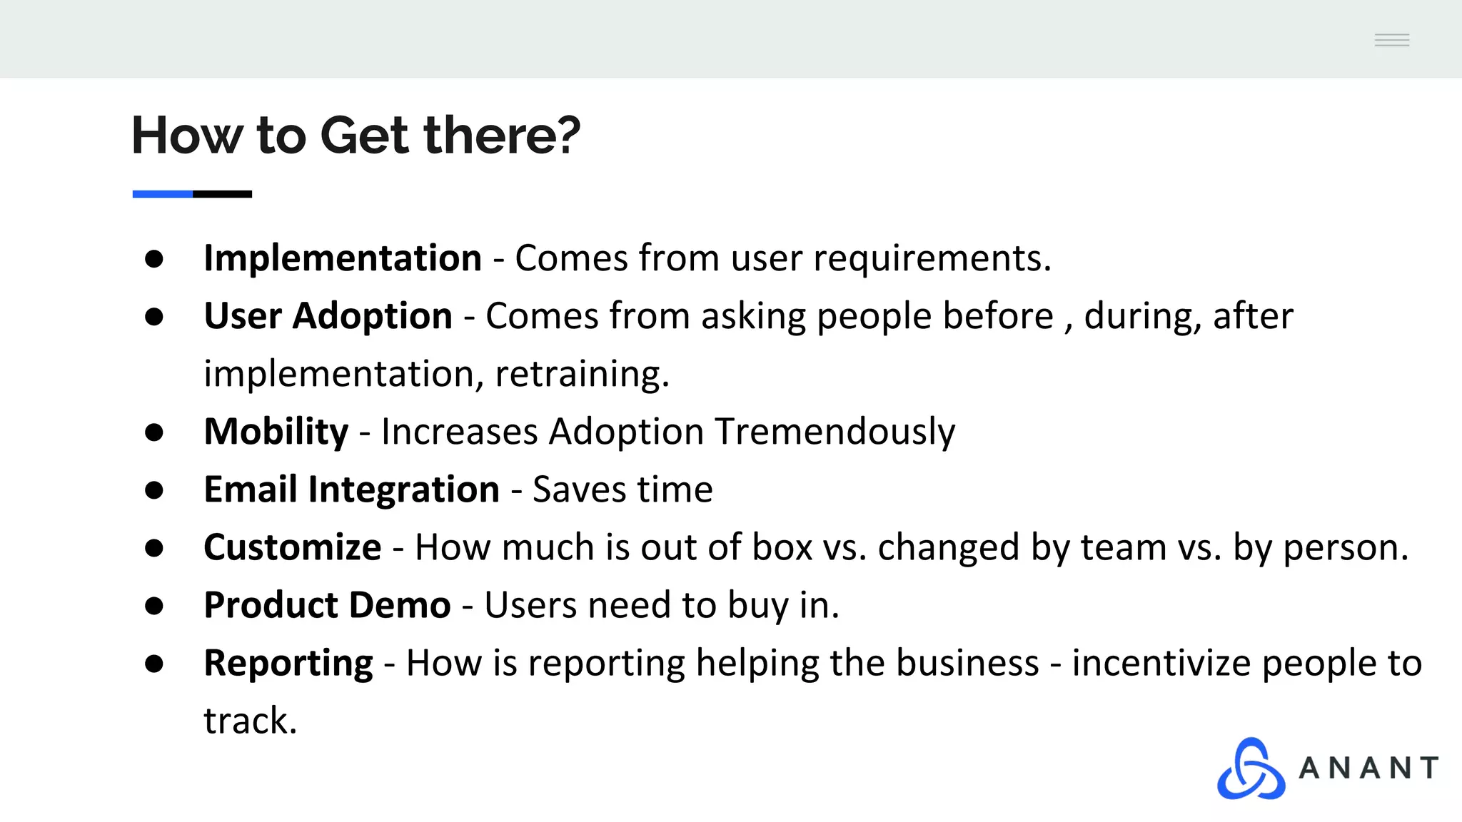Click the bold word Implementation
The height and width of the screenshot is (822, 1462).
[342, 258]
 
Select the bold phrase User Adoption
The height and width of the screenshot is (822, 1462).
[328, 316]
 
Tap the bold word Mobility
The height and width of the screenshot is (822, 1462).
[276, 432]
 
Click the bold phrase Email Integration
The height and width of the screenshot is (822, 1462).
[351, 489]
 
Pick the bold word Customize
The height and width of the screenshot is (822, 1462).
[292, 547]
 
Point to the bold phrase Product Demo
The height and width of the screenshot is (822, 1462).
[327, 605]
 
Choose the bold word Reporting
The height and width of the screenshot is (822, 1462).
[288, 663]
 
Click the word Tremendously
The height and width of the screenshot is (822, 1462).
[835, 432]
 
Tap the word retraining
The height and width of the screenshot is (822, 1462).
[581, 374]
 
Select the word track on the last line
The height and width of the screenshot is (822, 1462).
[249, 721]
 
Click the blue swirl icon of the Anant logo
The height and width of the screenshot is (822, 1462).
[1251, 769]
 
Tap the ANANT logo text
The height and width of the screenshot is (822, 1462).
[1368, 768]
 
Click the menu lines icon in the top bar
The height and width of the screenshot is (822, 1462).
[1391, 40]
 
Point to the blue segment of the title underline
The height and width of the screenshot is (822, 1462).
[162, 194]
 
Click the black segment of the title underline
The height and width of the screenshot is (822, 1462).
[222, 194]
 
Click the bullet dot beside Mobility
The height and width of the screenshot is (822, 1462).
[154, 432]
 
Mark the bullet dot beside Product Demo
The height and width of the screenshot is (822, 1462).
[154, 606]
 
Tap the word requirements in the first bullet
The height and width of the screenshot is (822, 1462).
[932, 258]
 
